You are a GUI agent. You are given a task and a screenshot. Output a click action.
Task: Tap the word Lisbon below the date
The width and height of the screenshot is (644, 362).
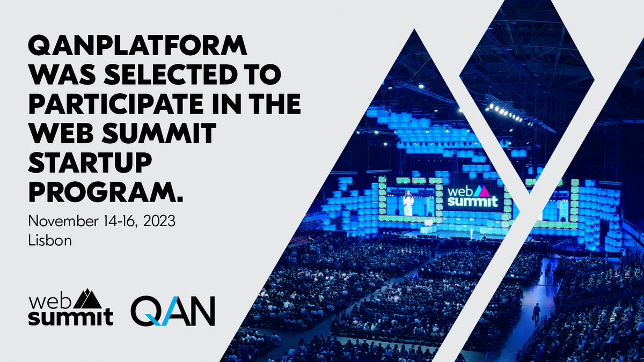50,240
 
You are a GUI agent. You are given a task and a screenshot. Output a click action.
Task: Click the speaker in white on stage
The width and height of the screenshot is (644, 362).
408,203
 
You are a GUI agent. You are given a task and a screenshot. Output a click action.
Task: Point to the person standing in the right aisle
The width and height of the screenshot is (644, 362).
536,314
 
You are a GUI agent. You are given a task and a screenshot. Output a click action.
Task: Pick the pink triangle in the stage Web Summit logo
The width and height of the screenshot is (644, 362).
482,190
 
